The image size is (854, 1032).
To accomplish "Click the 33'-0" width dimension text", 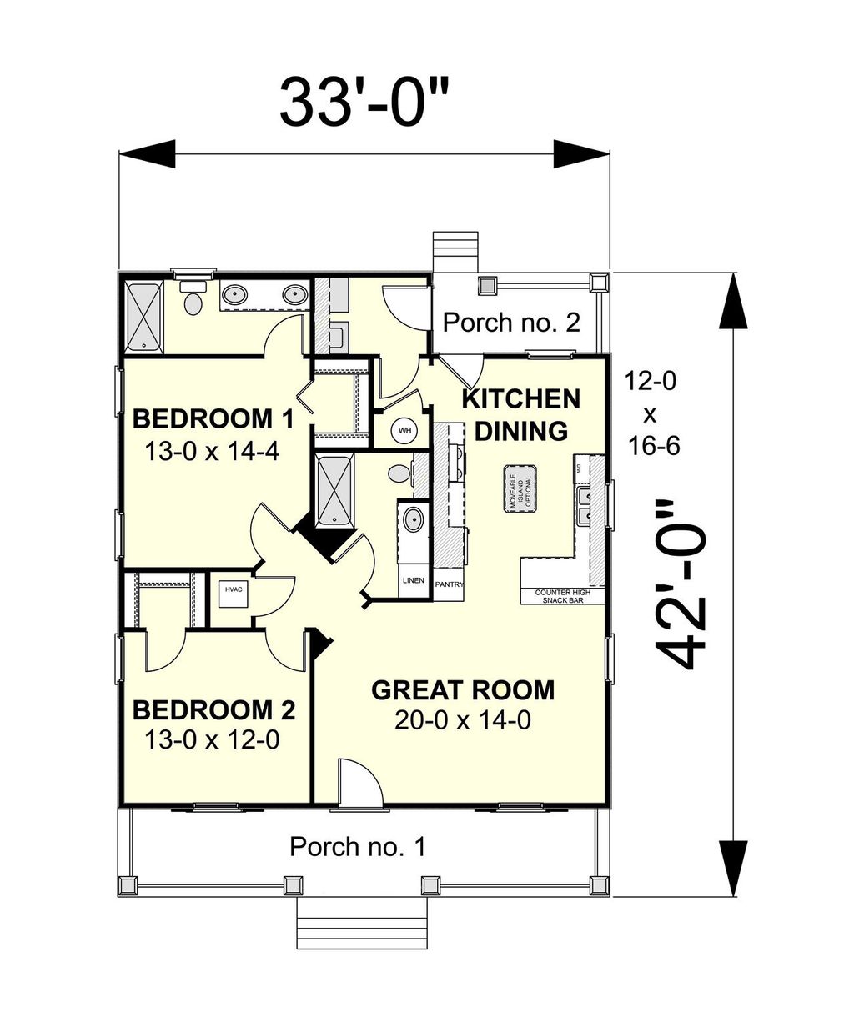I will pos(364,102).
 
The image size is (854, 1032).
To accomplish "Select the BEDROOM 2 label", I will pos(213,710).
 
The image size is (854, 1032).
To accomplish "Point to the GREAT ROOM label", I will pos(462,690).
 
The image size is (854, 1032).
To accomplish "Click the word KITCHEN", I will pos(520,399).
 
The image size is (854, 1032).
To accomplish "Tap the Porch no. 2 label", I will pos(510,323).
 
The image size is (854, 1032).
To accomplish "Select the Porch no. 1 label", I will pos(357,847).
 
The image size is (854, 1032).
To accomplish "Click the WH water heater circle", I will pos(405,431).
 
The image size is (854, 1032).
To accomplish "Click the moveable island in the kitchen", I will pos(520,493).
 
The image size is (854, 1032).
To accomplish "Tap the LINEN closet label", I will pos(413,580).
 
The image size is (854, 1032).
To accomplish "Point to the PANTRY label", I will pos(449,584).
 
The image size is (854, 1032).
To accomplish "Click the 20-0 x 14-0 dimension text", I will pos(462,720).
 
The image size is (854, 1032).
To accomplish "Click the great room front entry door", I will pos(359,784).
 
